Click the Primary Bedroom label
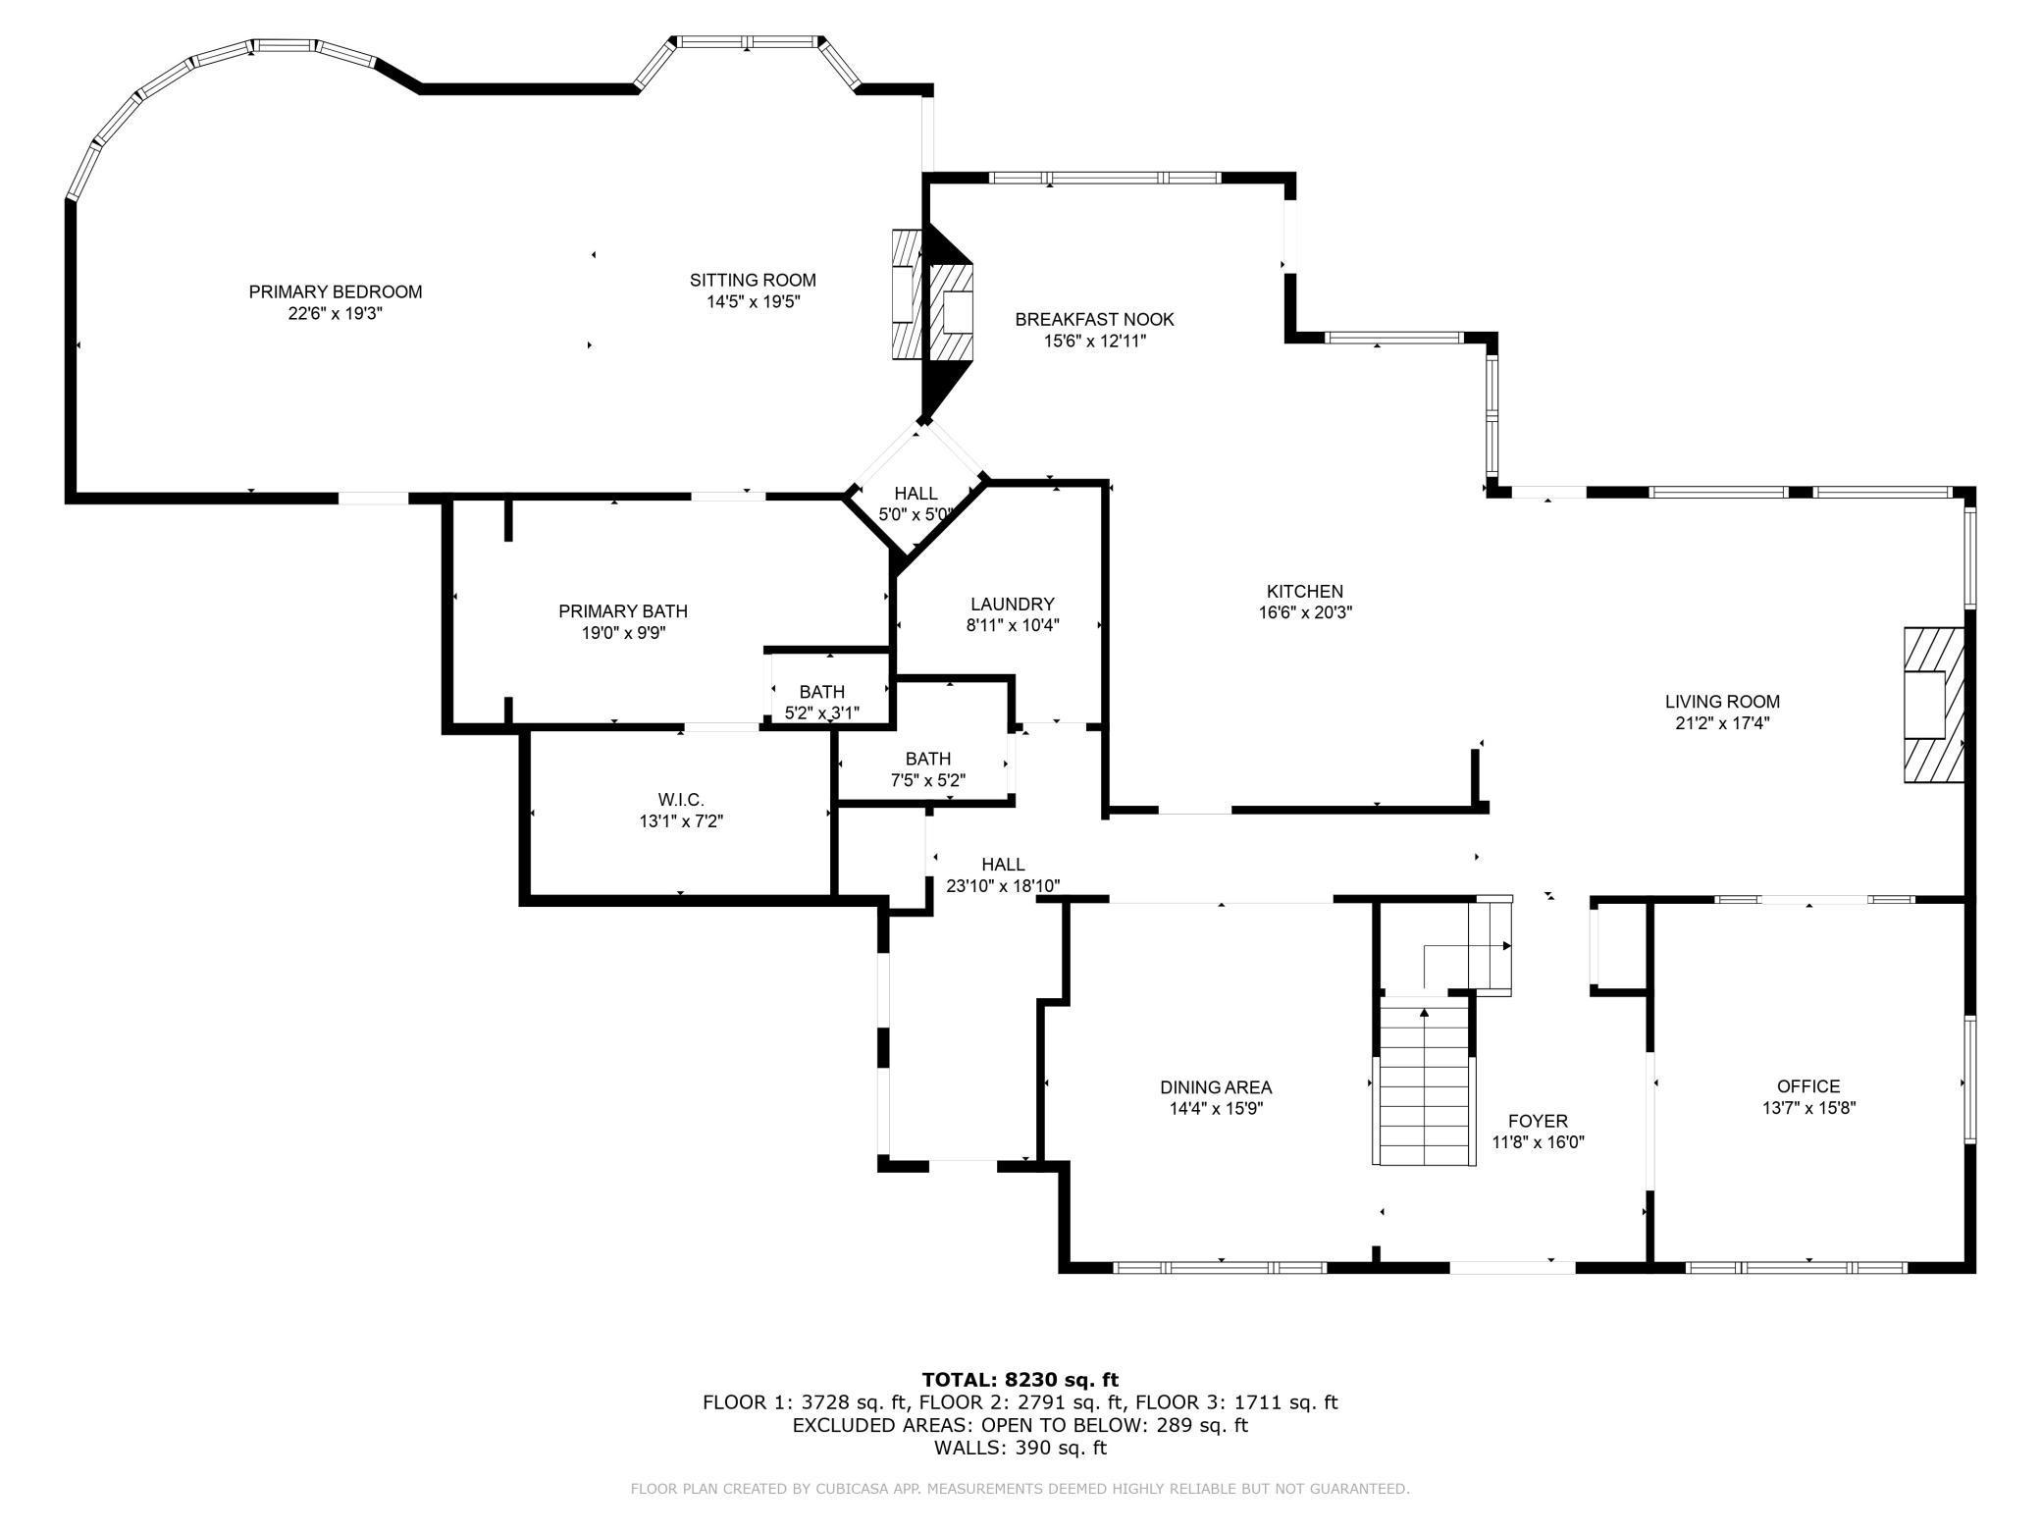point(335,291)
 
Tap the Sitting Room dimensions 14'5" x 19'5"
point(753,302)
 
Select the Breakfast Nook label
point(1094,319)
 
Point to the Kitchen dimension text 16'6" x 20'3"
point(1305,612)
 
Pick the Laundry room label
point(1012,604)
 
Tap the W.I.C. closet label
point(681,800)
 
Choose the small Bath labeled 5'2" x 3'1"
point(821,702)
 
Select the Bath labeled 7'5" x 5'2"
point(927,769)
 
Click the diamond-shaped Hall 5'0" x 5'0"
point(916,502)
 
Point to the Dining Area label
point(1216,1086)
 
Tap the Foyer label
point(1538,1121)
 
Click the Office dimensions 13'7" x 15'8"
point(1808,1108)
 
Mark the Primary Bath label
point(623,611)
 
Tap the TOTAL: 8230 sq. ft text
point(1020,1380)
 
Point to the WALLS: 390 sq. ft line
point(1020,1447)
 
